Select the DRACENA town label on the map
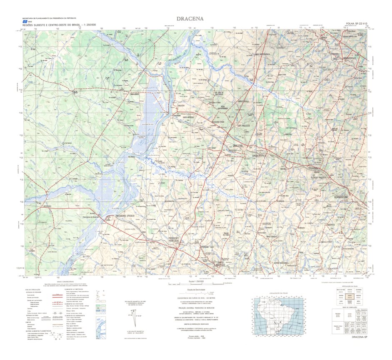237,146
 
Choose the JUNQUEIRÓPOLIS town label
248,153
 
